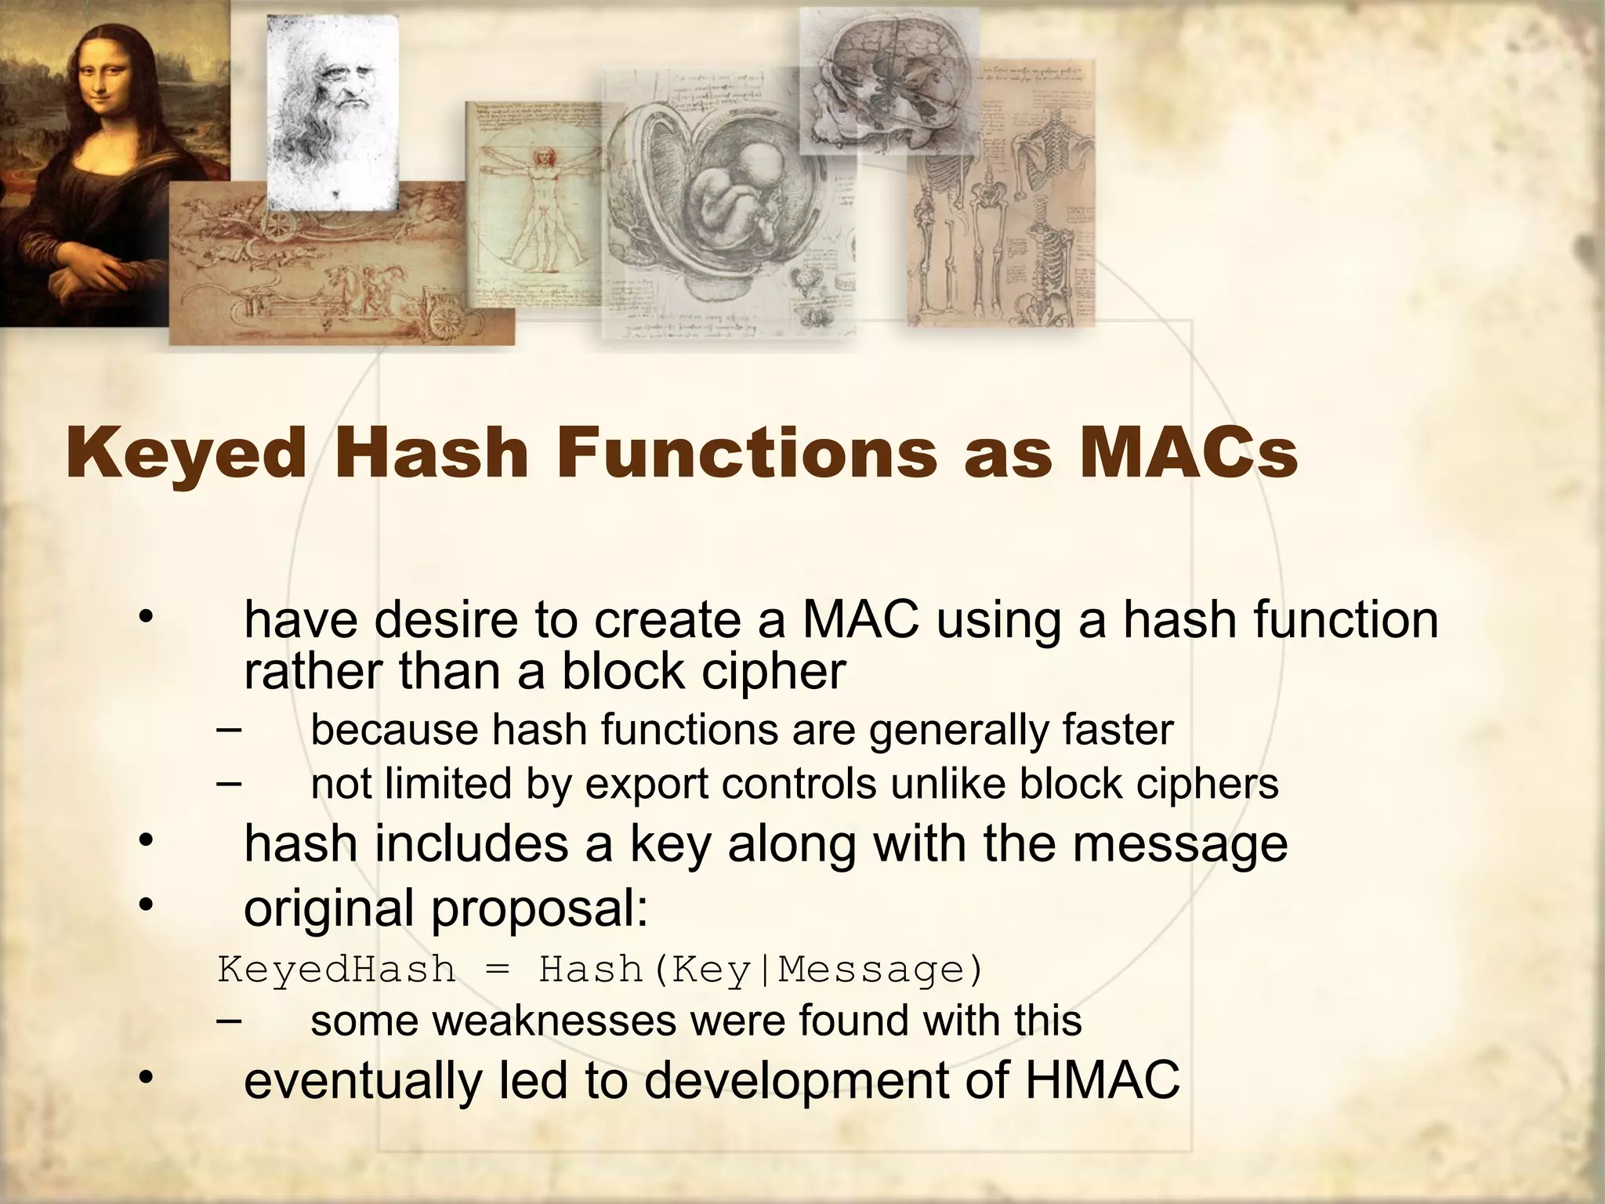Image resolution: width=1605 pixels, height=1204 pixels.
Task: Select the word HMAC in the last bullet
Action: pyautogui.click(x=1101, y=1079)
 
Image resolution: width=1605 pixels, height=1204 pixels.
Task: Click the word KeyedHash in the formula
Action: pyautogui.click(x=336, y=970)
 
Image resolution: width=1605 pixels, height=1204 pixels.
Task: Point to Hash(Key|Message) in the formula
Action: pyautogui.click(x=760, y=970)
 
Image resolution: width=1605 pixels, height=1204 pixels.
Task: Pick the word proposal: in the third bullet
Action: pyautogui.click(x=540, y=909)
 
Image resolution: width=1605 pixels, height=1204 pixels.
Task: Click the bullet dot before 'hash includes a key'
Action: pyautogui.click(x=144, y=841)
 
